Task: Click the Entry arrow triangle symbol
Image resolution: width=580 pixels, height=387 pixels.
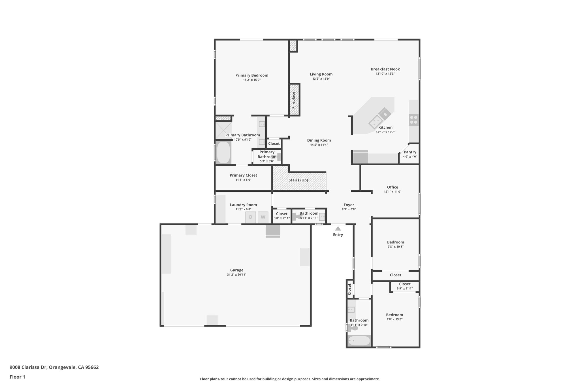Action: pyautogui.click(x=338, y=229)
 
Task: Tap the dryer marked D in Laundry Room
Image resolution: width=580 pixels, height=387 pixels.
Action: pyautogui.click(x=251, y=217)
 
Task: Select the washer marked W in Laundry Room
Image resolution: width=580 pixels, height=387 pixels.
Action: pyautogui.click(x=263, y=217)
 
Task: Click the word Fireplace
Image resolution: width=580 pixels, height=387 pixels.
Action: pyautogui.click(x=294, y=100)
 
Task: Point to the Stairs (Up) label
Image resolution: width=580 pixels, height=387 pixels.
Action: pyautogui.click(x=298, y=180)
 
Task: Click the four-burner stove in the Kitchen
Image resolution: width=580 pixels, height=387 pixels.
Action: pyautogui.click(x=413, y=120)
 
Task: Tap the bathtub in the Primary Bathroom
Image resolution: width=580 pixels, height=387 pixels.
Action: pyautogui.click(x=223, y=152)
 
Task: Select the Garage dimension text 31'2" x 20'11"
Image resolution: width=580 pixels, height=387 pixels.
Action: pyautogui.click(x=236, y=275)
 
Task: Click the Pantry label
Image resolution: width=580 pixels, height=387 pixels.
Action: pyautogui.click(x=410, y=152)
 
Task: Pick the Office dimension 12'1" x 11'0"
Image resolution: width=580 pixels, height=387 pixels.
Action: pyautogui.click(x=393, y=192)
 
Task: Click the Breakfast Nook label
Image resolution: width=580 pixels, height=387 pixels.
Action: pyautogui.click(x=385, y=69)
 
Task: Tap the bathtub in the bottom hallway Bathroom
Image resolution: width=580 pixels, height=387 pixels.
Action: pyautogui.click(x=359, y=341)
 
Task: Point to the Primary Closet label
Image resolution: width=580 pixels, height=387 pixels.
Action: pyautogui.click(x=243, y=175)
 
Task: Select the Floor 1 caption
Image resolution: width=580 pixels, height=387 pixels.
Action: pyautogui.click(x=17, y=377)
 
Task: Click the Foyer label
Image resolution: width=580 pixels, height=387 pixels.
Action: pyautogui.click(x=349, y=205)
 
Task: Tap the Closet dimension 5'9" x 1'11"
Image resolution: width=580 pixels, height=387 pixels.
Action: pyautogui.click(x=404, y=289)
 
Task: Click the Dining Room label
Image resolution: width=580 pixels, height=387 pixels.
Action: pyautogui.click(x=319, y=140)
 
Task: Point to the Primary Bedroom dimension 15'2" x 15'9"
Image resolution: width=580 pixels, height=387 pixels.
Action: pyautogui.click(x=251, y=80)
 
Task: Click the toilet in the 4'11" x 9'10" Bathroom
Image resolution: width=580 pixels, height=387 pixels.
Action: pyautogui.click(x=354, y=328)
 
